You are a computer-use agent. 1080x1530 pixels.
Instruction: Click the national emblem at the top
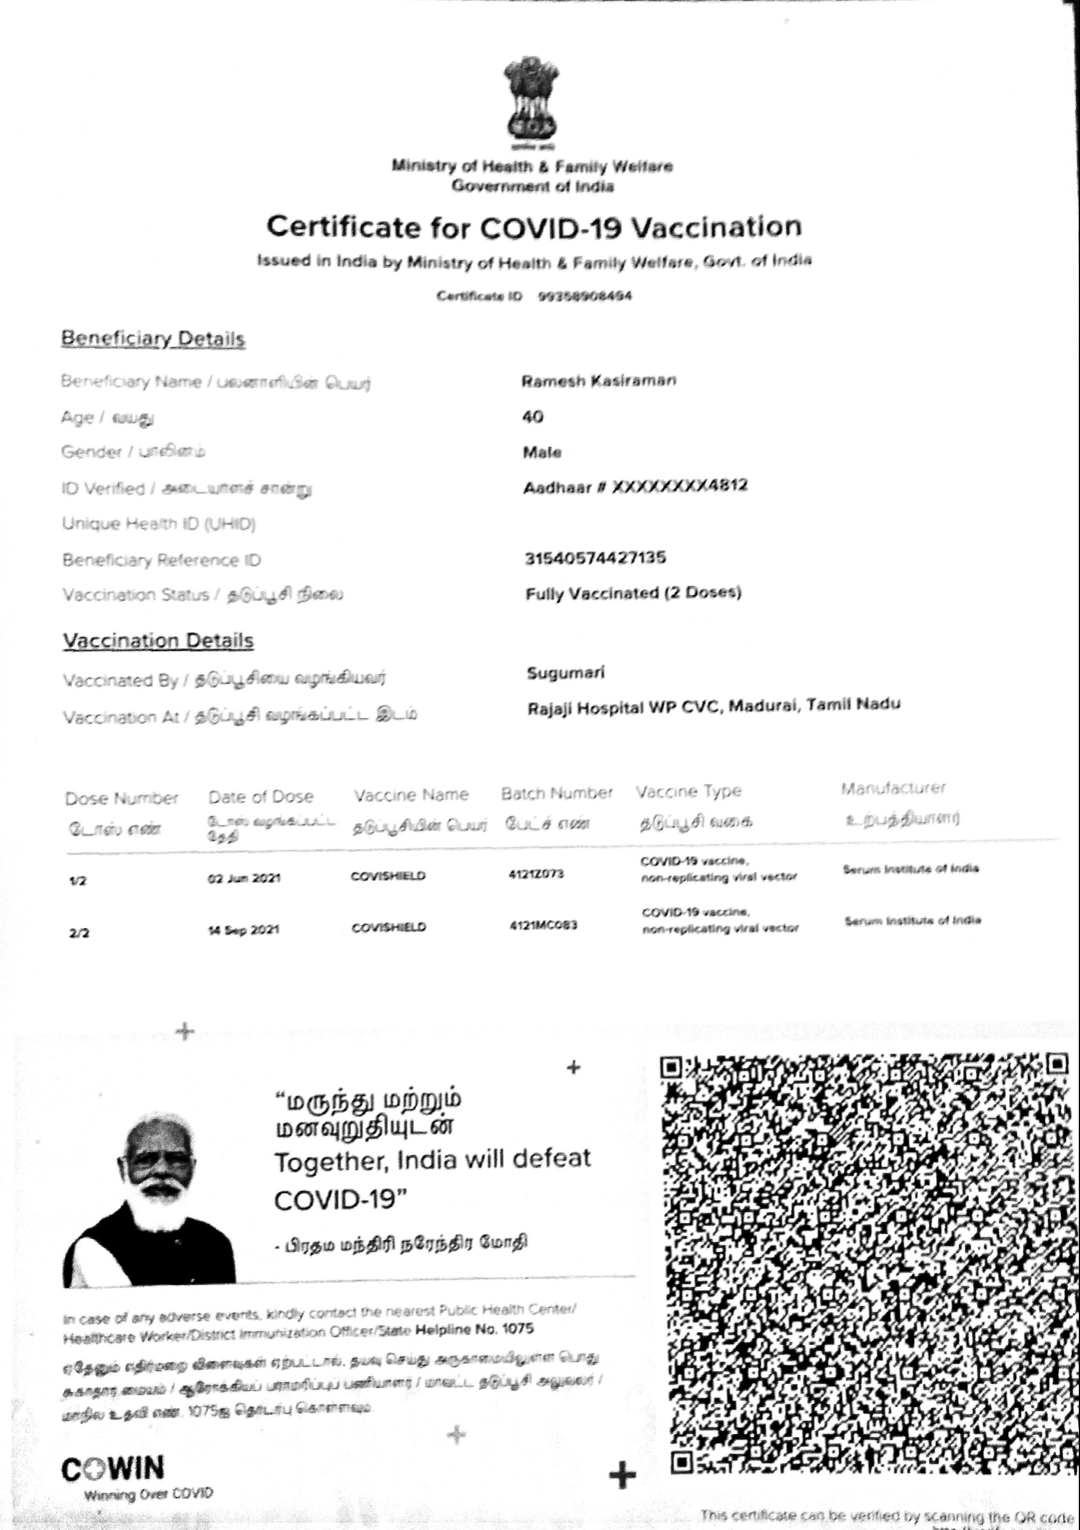531,100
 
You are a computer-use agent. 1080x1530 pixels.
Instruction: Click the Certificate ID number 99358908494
584,296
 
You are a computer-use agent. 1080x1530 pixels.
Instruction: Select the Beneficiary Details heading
153,338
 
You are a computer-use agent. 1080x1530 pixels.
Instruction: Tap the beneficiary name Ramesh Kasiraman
598,381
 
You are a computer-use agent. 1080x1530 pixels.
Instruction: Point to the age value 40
533,417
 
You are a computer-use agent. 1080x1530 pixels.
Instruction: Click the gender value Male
541,452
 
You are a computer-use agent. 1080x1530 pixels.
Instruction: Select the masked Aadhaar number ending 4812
635,486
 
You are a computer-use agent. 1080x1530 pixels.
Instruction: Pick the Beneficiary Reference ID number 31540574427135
595,558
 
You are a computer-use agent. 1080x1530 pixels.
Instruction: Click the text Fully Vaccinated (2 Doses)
633,593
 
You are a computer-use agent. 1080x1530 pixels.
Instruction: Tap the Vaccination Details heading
159,640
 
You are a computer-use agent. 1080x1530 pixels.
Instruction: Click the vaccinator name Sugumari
565,672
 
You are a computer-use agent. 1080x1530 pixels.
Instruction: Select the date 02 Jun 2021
244,878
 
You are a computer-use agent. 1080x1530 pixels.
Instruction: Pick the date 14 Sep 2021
244,930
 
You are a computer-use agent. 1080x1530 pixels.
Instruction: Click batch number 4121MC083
543,925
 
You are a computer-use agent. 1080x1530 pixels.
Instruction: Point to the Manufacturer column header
893,789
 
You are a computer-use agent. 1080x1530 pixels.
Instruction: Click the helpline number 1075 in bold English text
474,1330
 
